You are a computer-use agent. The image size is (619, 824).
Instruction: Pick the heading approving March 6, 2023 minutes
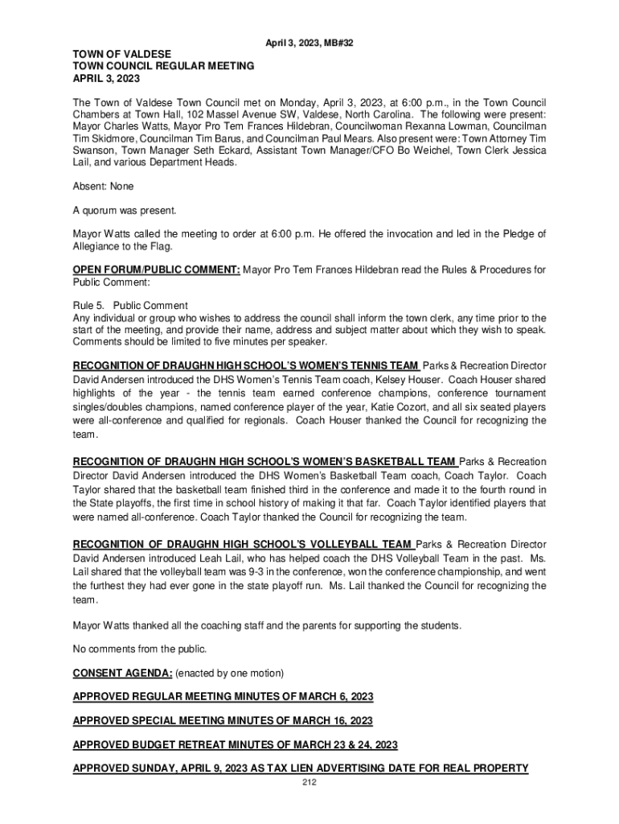(x=223, y=696)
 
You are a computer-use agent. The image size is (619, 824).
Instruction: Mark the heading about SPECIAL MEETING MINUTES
(x=223, y=720)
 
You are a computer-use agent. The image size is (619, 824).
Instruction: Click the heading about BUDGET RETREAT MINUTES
(x=236, y=744)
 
